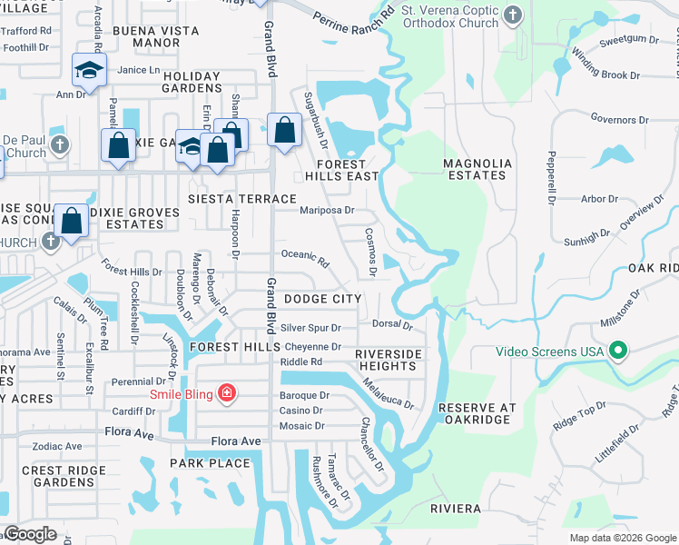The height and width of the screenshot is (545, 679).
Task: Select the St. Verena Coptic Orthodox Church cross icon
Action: (513, 15)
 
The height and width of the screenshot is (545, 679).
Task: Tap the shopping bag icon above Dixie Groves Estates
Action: (71, 220)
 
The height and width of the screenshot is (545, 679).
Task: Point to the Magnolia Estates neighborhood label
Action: (477, 170)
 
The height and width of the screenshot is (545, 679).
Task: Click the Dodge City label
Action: (322, 299)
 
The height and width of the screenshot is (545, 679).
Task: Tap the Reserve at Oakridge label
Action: (484, 415)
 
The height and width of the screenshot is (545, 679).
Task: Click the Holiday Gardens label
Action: (192, 82)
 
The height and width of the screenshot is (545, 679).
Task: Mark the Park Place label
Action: (210, 463)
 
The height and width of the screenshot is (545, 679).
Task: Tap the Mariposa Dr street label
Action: (326, 210)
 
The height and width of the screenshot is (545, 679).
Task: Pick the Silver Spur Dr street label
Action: (310, 328)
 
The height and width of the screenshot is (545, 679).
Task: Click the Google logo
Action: (30, 534)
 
